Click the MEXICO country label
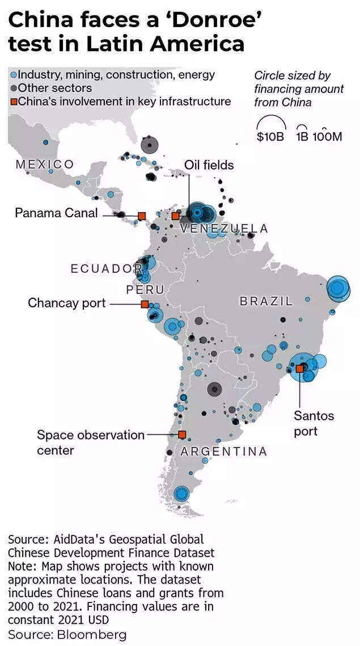pos(45,164)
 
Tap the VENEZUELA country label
pos(224,229)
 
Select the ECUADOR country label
pos(105,268)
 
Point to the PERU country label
pos(145,289)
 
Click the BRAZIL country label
pos(266,301)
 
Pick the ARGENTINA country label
pos(223,451)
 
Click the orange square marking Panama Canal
pos(142,216)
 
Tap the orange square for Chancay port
pos(145,304)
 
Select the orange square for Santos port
pos(299,369)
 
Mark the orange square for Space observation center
pos(182,435)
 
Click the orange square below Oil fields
pos(176,216)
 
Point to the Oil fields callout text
pos(209,165)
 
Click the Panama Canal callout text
pos(56,213)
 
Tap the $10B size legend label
pos(270,137)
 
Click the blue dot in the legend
pos(14,74)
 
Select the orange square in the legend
pos(14,102)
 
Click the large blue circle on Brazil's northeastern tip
pos(337,288)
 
